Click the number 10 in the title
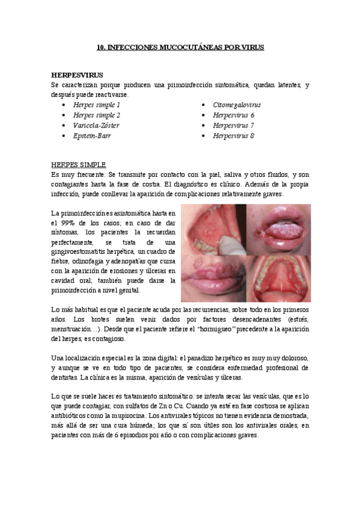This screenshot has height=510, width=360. [x=101, y=47]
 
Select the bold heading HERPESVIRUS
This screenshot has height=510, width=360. [x=77, y=75]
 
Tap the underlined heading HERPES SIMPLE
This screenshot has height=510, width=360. [x=79, y=164]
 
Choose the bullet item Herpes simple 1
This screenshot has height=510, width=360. [x=96, y=105]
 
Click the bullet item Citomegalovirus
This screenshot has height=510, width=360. [x=237, y=105]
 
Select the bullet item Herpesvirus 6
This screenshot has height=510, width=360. [x=233, y=115]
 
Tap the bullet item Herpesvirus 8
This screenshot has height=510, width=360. [x=233, y=136]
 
